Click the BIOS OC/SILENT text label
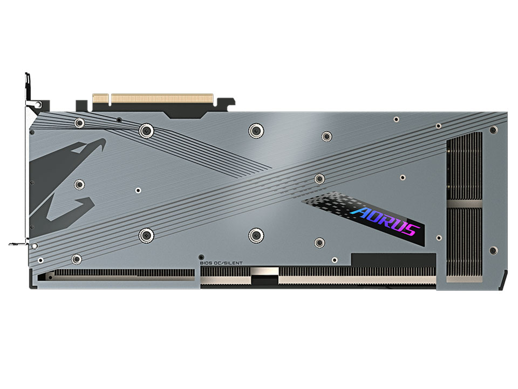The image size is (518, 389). (221, 263)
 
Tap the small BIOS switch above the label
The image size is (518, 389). (201, 257)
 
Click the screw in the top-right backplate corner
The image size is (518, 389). (493, 130)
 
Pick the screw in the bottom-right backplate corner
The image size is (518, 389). (493, 250)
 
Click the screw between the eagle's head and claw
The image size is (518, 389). (79, 185)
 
